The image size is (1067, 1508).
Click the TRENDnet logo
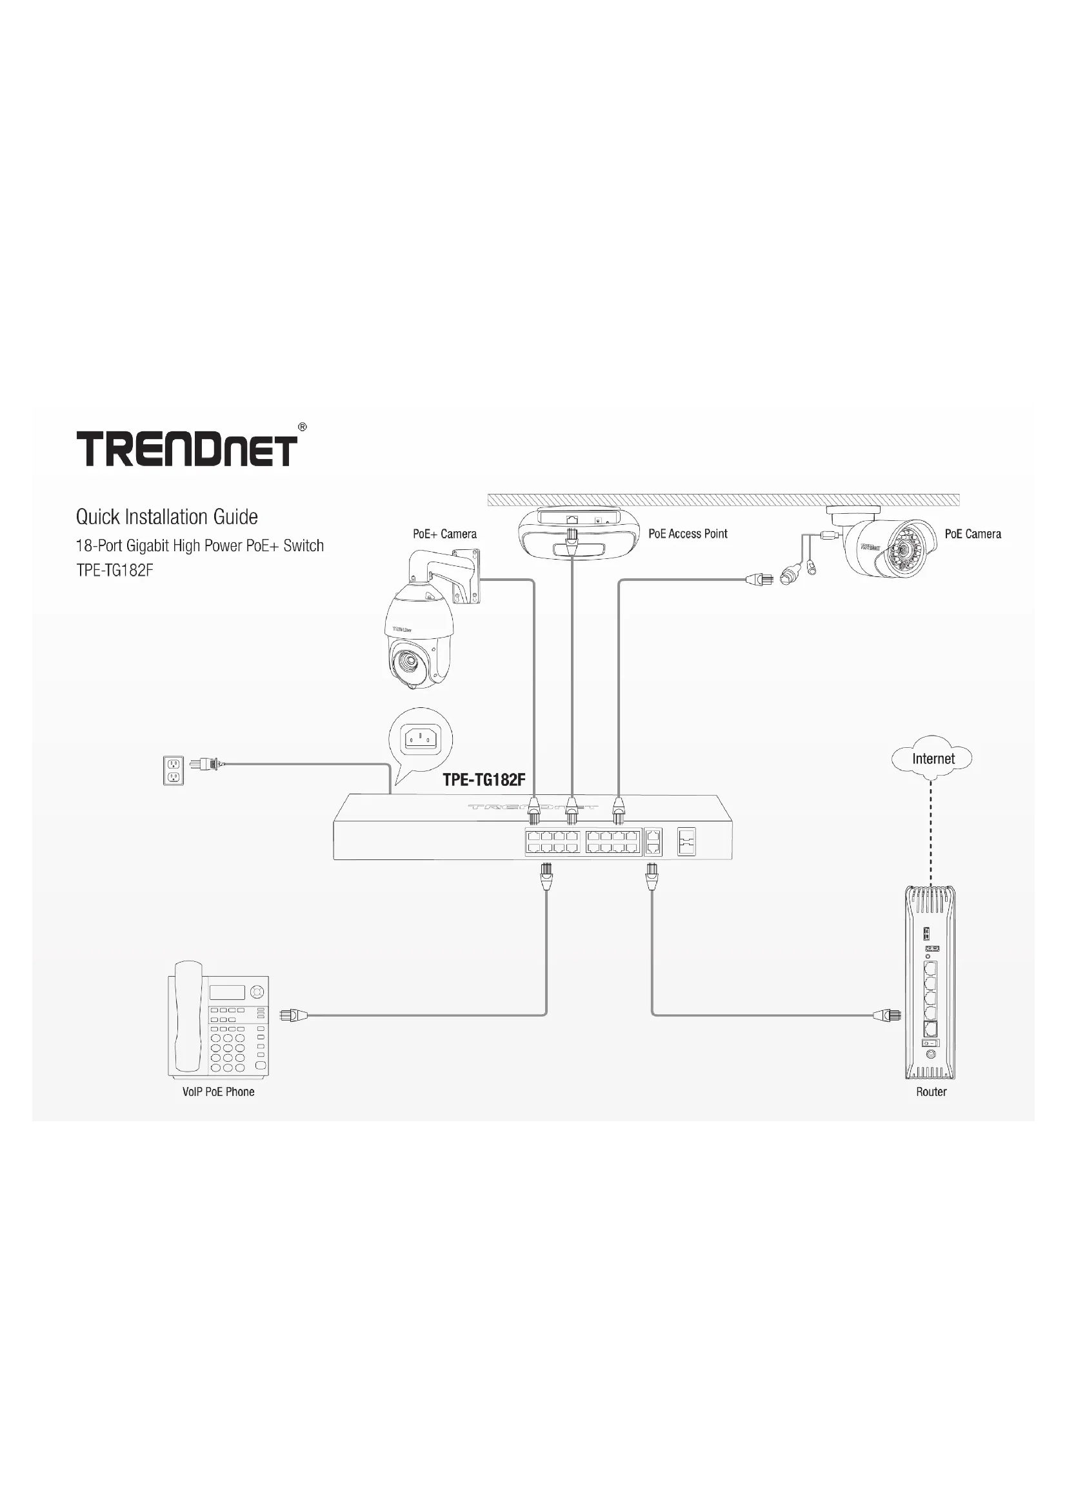[186, 449]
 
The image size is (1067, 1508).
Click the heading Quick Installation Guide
[167, 517]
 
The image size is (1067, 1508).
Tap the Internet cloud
[932, 759]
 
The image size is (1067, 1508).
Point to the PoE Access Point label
[687, 534]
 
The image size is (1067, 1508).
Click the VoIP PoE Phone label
[218, 1092]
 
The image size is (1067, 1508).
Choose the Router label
[931, 1092]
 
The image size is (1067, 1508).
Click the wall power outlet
[174, 770]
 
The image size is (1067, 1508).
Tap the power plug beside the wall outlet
[205, 764]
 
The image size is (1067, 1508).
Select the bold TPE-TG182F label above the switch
[484, 779]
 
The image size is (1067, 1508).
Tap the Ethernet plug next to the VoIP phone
[294, 1015]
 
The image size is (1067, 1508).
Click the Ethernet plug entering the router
[887, 1015]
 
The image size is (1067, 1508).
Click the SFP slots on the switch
[686, 841]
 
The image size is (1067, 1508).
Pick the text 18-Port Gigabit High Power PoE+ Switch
[200, 546]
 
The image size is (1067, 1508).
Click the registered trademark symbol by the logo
[302, 427]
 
